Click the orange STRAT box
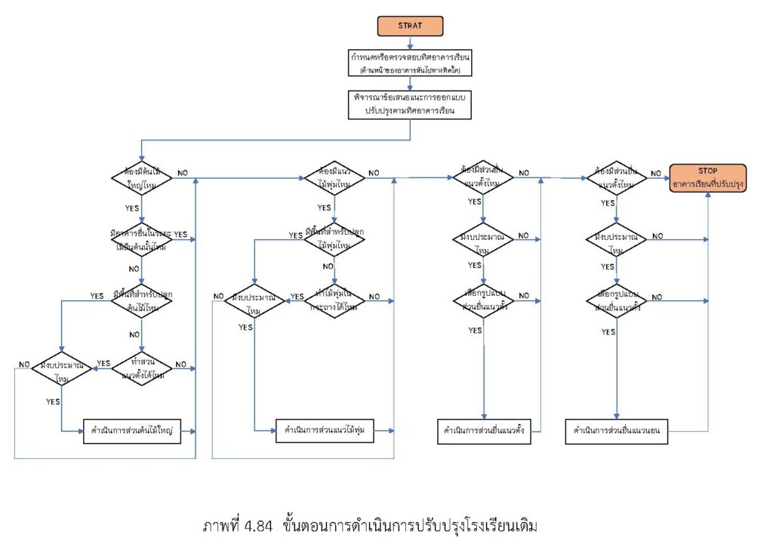[410, 26]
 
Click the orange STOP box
[708, 179]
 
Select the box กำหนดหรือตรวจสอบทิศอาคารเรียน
[410, 63]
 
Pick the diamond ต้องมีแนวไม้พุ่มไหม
[334, 178]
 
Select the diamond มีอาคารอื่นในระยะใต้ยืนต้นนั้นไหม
[141, 240]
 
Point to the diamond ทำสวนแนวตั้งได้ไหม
[141, 367]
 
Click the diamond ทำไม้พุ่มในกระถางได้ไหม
[334, 302]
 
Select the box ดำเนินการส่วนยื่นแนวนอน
[617, 431]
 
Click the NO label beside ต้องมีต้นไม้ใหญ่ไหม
[183, 173]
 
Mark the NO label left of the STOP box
[655, 173]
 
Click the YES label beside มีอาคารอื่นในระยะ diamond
[180, 235]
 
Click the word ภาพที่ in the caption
[219, 525]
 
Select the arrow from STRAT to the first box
[410, 43]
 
